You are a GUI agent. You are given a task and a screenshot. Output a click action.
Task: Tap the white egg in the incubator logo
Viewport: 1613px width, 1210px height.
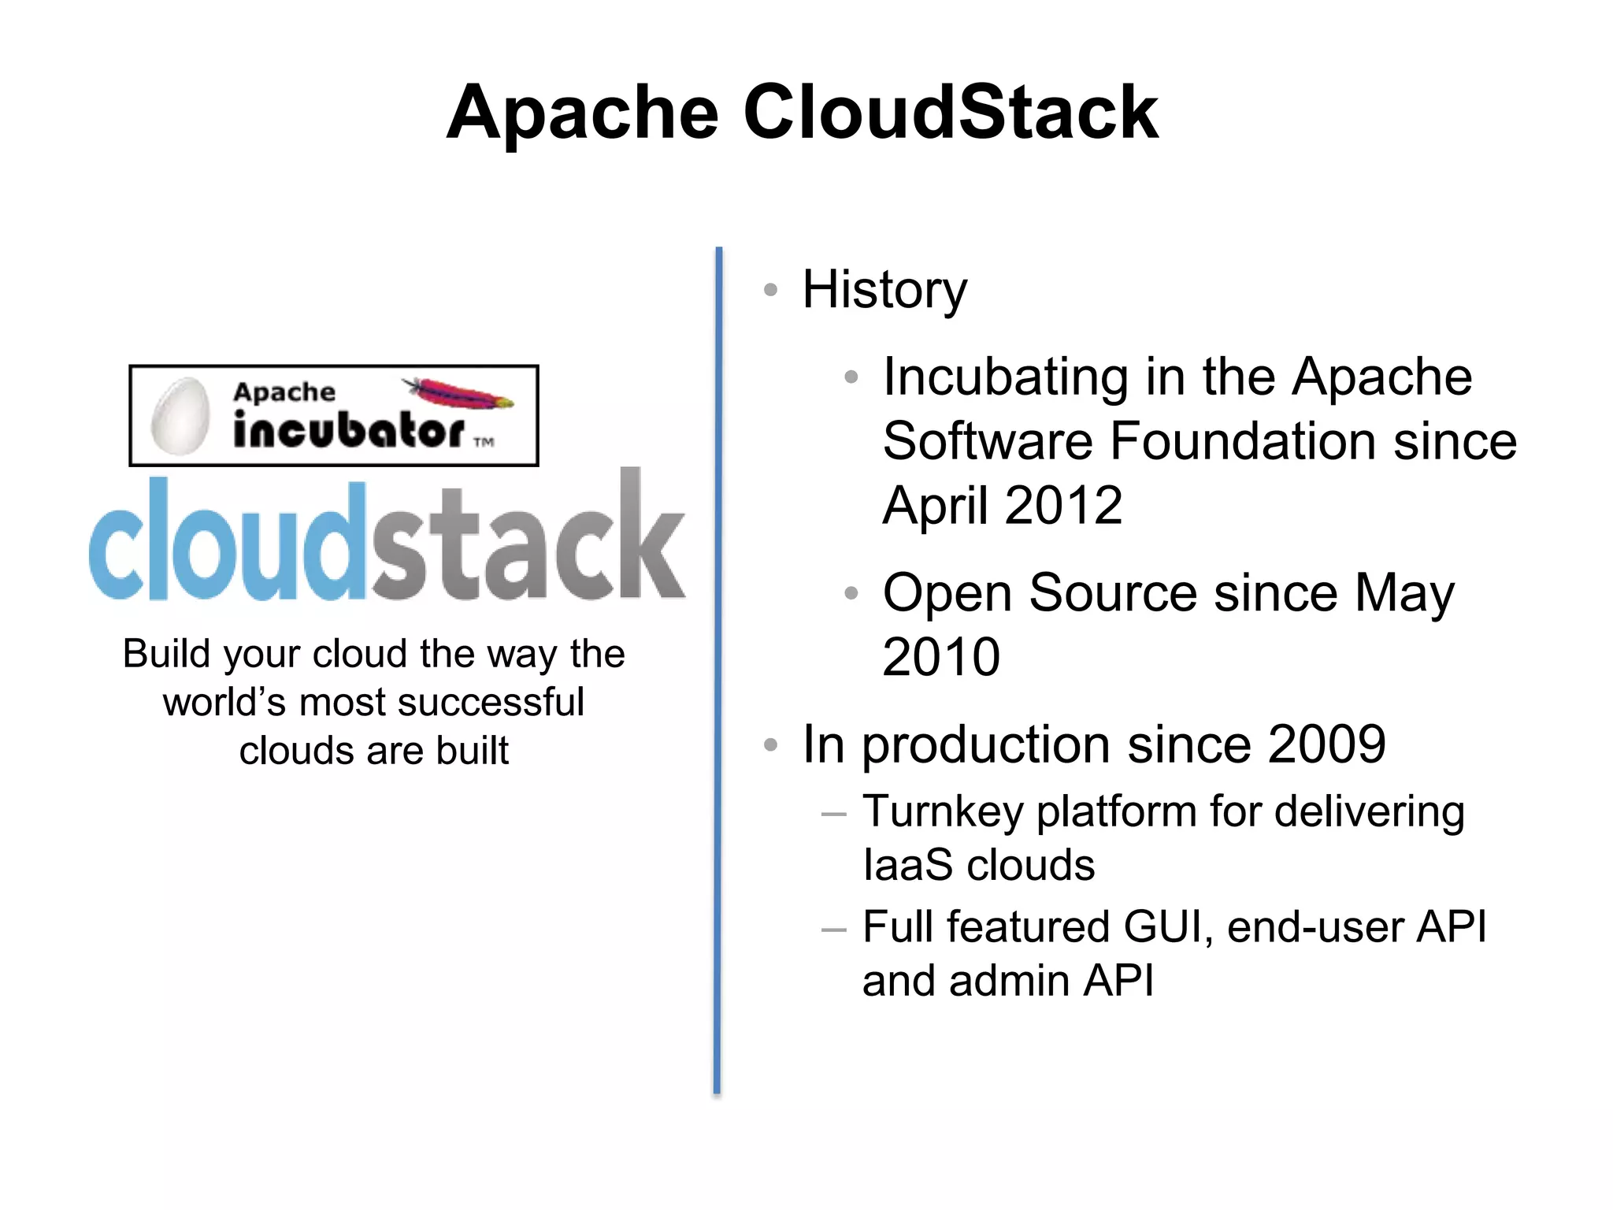[x=180, y=417]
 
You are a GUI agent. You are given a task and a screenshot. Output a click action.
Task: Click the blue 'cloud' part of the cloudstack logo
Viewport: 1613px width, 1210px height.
[x=228, y=544]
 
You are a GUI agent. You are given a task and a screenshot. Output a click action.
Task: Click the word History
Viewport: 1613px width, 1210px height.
[x=884, y=290]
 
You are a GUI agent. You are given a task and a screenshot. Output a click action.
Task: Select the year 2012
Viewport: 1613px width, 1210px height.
[x=1063, y=505]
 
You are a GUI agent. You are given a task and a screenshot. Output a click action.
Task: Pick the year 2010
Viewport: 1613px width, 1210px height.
[x=941, y=657]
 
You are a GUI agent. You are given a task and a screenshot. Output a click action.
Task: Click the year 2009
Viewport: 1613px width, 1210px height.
[x=1327, y=744]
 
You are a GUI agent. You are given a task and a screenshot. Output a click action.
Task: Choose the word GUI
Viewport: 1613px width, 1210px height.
[x=1162, y=926]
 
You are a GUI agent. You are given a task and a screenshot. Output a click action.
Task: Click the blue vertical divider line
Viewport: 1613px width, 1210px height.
[x=718, y=670]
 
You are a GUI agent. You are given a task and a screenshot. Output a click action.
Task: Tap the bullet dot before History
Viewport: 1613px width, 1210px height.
[x=771, y=290]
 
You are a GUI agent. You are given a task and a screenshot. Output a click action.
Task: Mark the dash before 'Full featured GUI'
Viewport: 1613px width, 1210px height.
[x=832, y=930]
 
